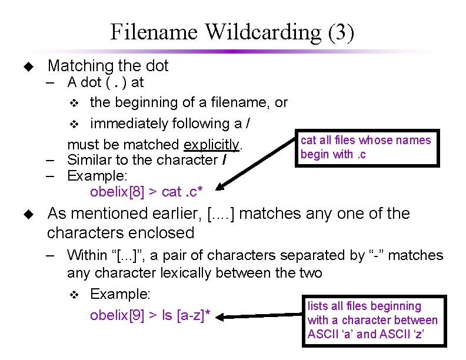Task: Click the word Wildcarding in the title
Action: [259, 32]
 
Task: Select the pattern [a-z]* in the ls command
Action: [194, 315]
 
